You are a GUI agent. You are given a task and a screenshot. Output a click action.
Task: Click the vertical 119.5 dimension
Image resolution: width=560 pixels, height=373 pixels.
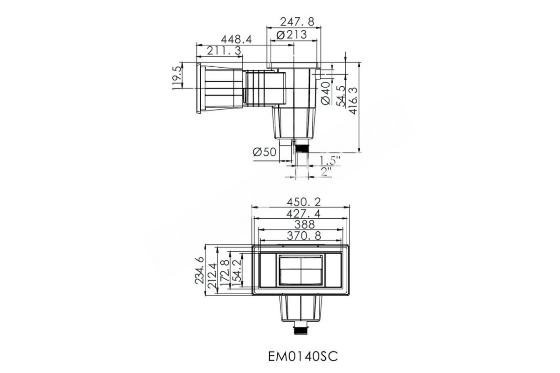pyautogui.click(x=177, y=77)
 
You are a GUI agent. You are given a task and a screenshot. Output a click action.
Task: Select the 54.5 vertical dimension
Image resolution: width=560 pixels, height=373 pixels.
pyautogui.click(x=341, y=95)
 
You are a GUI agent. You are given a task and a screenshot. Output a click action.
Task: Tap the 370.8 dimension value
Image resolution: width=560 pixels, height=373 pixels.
pyautogui.click(x=301, y=236)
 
